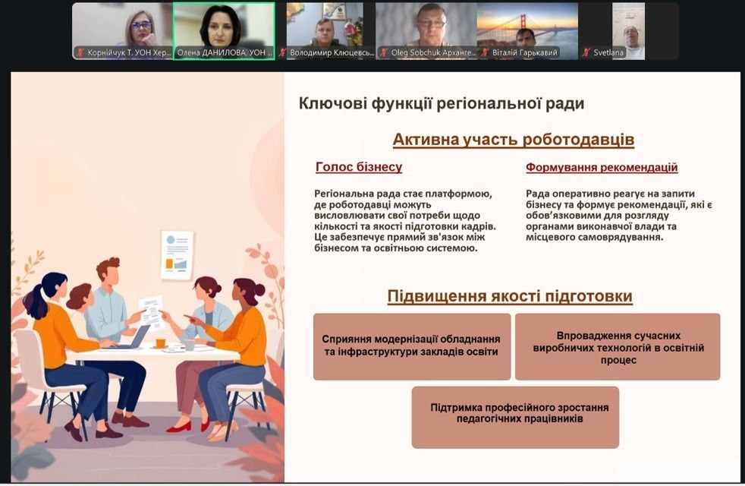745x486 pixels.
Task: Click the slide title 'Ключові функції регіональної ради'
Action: pos(442,103)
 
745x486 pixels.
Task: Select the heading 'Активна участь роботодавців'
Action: pos(513,140)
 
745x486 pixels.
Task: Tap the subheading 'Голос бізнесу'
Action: pos(359,167)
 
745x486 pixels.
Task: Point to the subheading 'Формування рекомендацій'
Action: pos(602,167)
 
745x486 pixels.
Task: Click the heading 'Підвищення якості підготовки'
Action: pos(510,296)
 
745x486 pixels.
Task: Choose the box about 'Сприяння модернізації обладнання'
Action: pos(411,346)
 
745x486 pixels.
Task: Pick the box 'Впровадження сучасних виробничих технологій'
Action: pos(617,346)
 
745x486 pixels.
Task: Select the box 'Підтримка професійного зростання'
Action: pos(515,416)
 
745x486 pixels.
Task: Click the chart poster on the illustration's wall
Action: pos(177,254)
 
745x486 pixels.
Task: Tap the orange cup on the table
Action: pos(161,342)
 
